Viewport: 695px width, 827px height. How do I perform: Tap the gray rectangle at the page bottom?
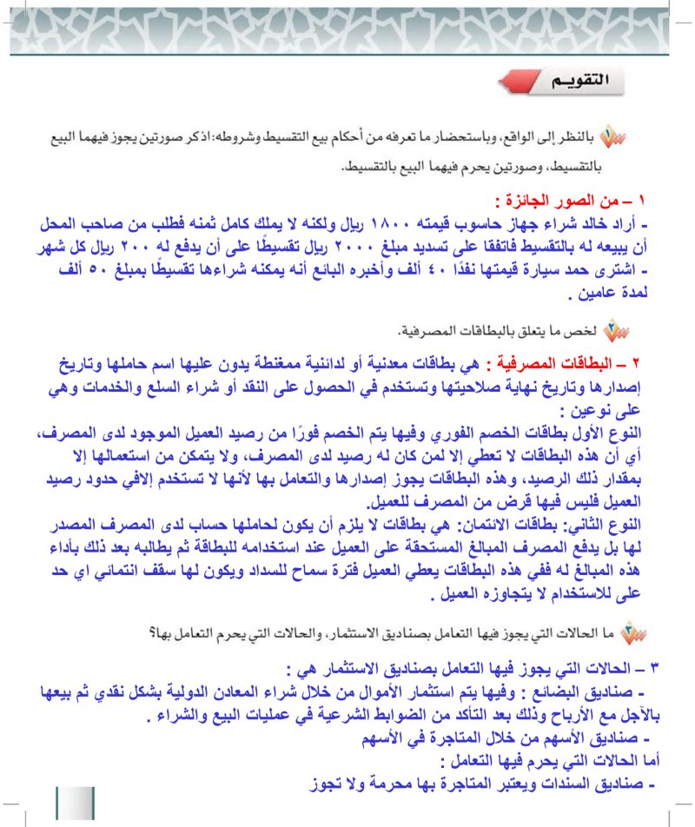[75, 802]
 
